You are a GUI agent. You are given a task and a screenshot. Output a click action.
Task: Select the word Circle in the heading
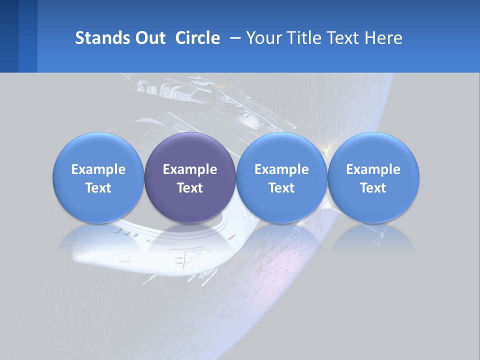coord(197,38)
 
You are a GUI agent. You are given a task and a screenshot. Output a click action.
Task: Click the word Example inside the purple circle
coord(190,169)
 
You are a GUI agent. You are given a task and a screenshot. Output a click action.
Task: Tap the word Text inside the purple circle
coord(190,188)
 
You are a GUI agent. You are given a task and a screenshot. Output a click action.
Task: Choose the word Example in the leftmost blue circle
coord(98,169)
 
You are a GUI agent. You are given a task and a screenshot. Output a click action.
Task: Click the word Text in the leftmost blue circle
coord(98,188)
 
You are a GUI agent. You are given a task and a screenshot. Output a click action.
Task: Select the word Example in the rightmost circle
coord(373,169)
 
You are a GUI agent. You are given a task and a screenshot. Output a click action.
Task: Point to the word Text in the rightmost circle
coord(373,188)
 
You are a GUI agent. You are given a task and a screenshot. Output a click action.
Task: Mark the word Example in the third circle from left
coord(281,169)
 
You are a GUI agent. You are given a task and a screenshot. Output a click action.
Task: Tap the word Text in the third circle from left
coord(281,188)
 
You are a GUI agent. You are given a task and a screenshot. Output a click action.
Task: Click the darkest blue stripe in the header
coord(9,36)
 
